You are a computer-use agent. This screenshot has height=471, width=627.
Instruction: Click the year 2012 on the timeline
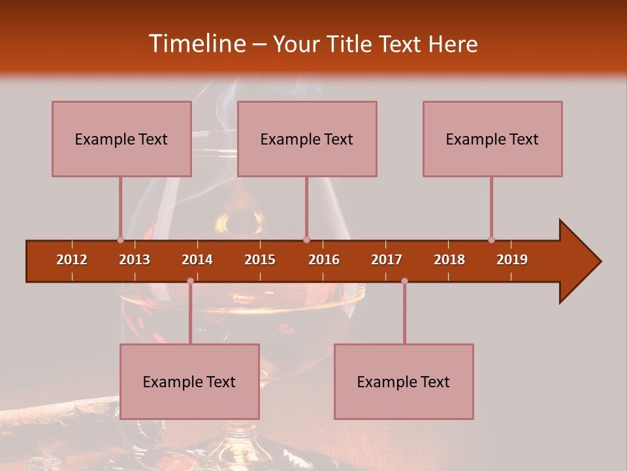(x=72, y=260)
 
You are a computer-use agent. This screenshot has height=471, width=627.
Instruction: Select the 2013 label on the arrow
(x=135, y=260)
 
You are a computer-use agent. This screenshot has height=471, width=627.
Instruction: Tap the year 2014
(x=197, y=260)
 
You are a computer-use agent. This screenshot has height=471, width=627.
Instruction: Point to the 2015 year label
(x=260, y=260)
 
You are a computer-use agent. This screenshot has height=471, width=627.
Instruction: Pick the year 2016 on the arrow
(x=324, y=260)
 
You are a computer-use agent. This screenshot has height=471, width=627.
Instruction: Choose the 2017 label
(x=387, y=260)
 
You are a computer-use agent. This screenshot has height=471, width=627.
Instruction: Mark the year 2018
(x=449, y=260)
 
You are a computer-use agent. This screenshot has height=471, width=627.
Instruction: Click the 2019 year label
(x=512, y=260)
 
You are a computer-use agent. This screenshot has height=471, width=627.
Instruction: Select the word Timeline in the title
(x=197, y=44)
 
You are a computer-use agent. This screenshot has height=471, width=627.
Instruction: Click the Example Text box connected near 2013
(x=121, y=139)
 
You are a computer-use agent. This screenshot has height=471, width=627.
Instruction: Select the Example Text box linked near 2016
(x=307, y=139)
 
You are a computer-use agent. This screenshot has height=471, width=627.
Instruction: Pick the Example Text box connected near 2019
(x=492, y=139)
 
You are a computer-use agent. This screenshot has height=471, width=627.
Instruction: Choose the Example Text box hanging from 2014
(x=189, y=381)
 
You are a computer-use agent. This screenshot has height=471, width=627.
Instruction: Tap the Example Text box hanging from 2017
(x=404, y=381)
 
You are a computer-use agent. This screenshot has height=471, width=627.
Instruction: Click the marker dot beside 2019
(x=491, y=239)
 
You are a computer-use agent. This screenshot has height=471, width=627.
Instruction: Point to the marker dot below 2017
(x=404, y=281)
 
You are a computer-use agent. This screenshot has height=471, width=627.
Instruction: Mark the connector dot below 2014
(x=190, y=281)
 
